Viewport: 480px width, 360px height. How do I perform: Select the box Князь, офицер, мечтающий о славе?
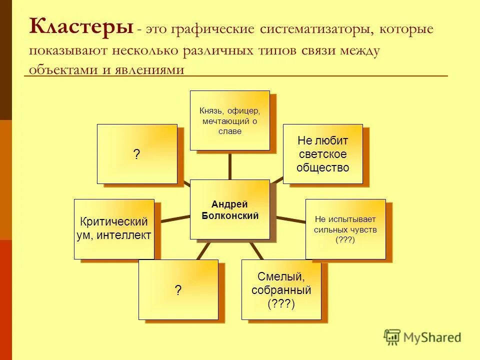click(x=229, y=120)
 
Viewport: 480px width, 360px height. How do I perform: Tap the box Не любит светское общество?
click(x=322, y=154)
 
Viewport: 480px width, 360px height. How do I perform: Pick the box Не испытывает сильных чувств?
click(x=345, y=229)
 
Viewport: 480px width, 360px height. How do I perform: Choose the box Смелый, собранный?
click(x=281, y=289)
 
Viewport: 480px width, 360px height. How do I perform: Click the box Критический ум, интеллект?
click(x=114, y=229)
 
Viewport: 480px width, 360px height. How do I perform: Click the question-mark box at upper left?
click(x=136, y=154)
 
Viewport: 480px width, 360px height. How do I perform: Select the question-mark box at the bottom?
click(x=178, y=289)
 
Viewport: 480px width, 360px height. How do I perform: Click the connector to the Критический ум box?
click(x=172, y=218)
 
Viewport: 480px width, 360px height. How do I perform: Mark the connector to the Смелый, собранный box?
click(x=255, y=249)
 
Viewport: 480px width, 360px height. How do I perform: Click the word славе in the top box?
click(x=229, y=131)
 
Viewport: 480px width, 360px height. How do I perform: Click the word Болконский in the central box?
click(x=229, y=215)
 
